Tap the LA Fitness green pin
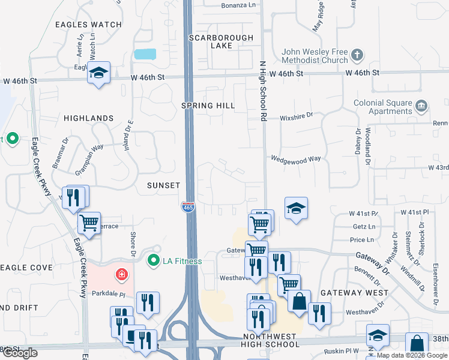pyautogui.click(x=153, y=260)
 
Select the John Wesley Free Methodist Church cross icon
pyautogui.click(x=357, y=56)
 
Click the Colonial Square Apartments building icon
pyautogui.click(x=421, y=107)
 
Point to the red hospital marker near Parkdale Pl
pyautogui.click(x=122, y=275)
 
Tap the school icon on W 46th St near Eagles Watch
pyautogui.click(x=98, y=73)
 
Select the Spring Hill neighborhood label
pyautogui.click(x=209, y=106)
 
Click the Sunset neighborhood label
pyautogui.click(x=163, y=186)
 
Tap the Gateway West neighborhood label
pyautogui.click(x=351, y=293)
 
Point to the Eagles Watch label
pyautogui.click(x=88, y=25)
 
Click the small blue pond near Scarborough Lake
pyautogui.click(x=145, y=53)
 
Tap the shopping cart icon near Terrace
pyautogui.click(x=89, y=223)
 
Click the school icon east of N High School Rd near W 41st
pyautogui.click(x=296, y=208)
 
